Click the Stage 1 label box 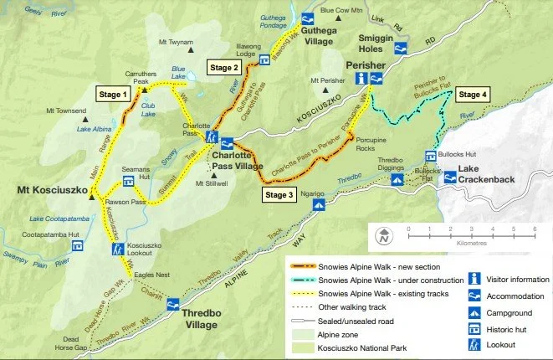(x=114, y=94)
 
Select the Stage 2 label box (x=225, y=67)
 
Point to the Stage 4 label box (x=475, y=94)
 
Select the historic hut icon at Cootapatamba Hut (x=77, y=247)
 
